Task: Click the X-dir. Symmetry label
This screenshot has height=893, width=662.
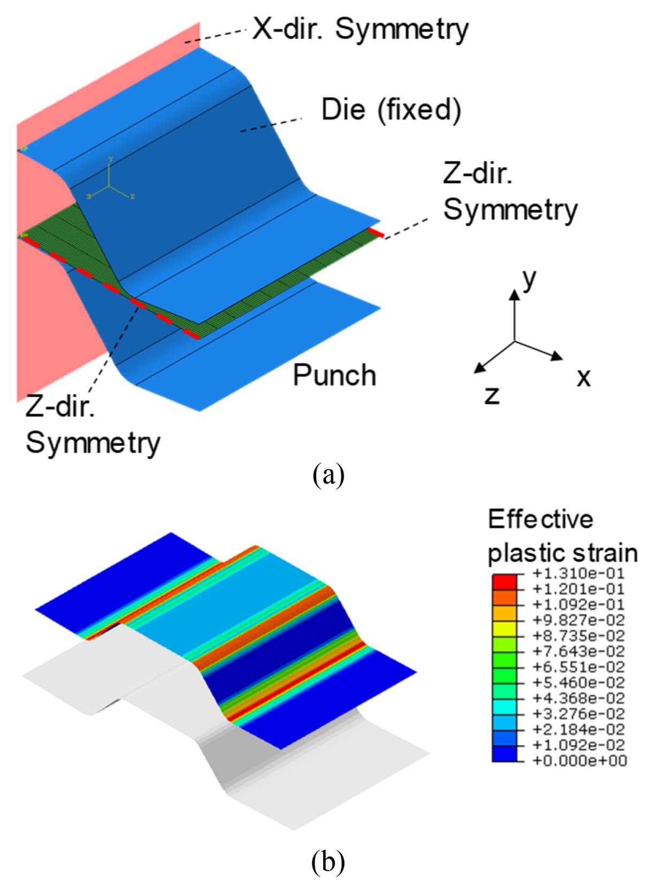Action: coord(360,29)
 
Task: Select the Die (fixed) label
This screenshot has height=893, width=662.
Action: coord(391,110)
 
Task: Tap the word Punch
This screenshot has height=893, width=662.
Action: coord(334,375)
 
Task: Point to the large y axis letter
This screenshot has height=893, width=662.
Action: coord(529,281)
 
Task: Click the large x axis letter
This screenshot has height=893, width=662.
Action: coord(583,377)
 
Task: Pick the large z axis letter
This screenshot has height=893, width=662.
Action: coord(492,395)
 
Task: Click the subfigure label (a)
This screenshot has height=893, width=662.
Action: coord(329,475)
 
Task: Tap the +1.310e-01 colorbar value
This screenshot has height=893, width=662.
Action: coord(579,573)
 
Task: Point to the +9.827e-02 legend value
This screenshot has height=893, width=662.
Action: coord(579,620)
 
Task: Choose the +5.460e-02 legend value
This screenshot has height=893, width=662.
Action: coord(579,683)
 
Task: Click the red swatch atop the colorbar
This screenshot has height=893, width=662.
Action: coord(504,581)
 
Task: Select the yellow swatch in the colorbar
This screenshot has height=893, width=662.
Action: coord(504,628)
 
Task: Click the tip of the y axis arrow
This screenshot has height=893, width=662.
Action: coord(514,290)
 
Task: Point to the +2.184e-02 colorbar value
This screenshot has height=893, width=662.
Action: coord(579,729)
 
